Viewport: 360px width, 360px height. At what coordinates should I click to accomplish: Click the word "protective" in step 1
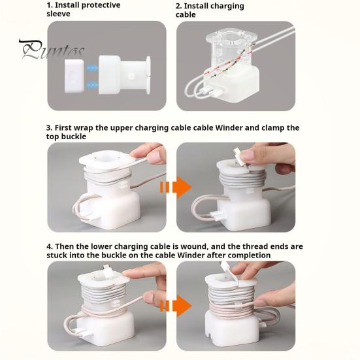[100, 5]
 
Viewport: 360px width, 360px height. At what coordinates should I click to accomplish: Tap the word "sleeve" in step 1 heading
[58, 14]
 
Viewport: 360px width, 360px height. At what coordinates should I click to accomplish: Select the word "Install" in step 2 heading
[196, 6]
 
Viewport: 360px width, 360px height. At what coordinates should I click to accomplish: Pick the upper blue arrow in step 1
[92, 68]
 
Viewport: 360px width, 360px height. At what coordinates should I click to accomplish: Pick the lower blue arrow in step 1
[92, 85]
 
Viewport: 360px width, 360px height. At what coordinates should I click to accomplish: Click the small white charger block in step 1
[74, 76]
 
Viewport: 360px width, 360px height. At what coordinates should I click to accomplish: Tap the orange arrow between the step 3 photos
[176, 187]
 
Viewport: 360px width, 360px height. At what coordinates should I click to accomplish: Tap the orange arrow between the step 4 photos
[176, 306]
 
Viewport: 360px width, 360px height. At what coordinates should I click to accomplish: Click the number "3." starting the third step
[50, 127]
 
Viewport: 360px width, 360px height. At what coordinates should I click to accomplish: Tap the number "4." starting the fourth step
[50, 246]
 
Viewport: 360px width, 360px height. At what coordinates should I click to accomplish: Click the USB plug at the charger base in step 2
[215, 93]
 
